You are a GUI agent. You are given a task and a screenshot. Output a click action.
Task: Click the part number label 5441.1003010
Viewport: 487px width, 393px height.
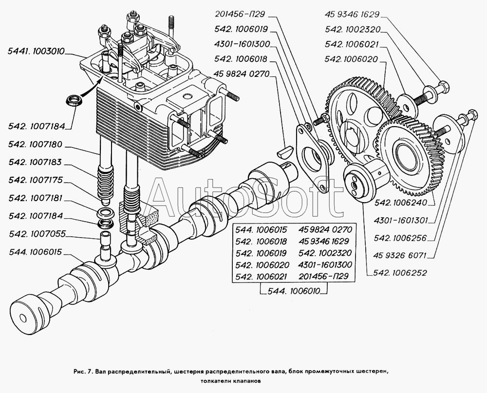[37, 51]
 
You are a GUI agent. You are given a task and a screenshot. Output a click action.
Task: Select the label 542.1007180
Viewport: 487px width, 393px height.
[37, 145]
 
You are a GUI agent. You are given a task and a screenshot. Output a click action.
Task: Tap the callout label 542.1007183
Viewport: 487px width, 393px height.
[37, 163]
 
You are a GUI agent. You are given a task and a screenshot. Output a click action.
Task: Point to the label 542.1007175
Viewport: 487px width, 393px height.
[37, 180]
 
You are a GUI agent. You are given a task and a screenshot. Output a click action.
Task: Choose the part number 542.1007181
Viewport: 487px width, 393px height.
[37, 198]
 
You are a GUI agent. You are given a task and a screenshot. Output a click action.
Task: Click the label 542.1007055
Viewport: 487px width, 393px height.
[37, 234]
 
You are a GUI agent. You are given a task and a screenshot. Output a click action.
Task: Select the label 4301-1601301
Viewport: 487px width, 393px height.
[402, 220]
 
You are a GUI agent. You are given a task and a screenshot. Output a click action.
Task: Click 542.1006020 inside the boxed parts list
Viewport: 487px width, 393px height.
[262, 265]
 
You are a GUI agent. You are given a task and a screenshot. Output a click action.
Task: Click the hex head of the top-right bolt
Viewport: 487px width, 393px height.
[442, 90]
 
